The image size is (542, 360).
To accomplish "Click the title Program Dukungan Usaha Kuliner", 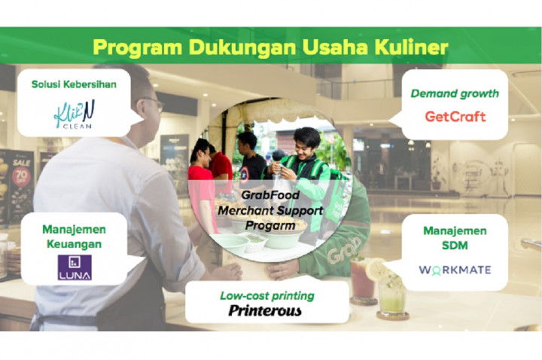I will pyautogui.click(x=270, y=47).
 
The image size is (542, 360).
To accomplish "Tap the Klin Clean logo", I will pyautogui.click(x=73, y=116).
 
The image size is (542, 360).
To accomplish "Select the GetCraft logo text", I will pyautogui.click(x=455, y=117).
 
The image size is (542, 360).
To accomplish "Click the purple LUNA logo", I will pyautogui.click(x=75, y=267).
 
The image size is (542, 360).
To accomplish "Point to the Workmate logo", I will pyautogui.click(x=454, y=269).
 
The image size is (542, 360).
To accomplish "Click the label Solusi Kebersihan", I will pyautogui.click(x=74, y=84).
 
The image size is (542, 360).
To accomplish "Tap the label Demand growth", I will pyautogui.click(x=455, y=94).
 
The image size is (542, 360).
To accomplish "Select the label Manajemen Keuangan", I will pyautogui.click(x=74, y=236).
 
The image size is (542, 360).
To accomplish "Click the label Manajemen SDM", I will pyautogui.click(x=455, y=239).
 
